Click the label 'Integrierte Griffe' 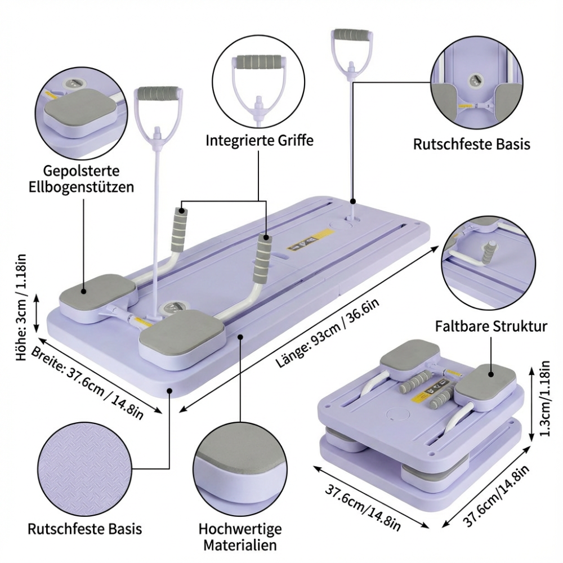tap(259, 140)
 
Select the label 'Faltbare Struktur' tap(491, 327)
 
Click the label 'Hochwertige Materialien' tap(240, 537)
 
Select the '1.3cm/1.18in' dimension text tap(545, 401)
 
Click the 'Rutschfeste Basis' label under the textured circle tap(84, 529)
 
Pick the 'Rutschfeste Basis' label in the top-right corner tap(472, 144)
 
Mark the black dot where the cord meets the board tap(353, 200)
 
